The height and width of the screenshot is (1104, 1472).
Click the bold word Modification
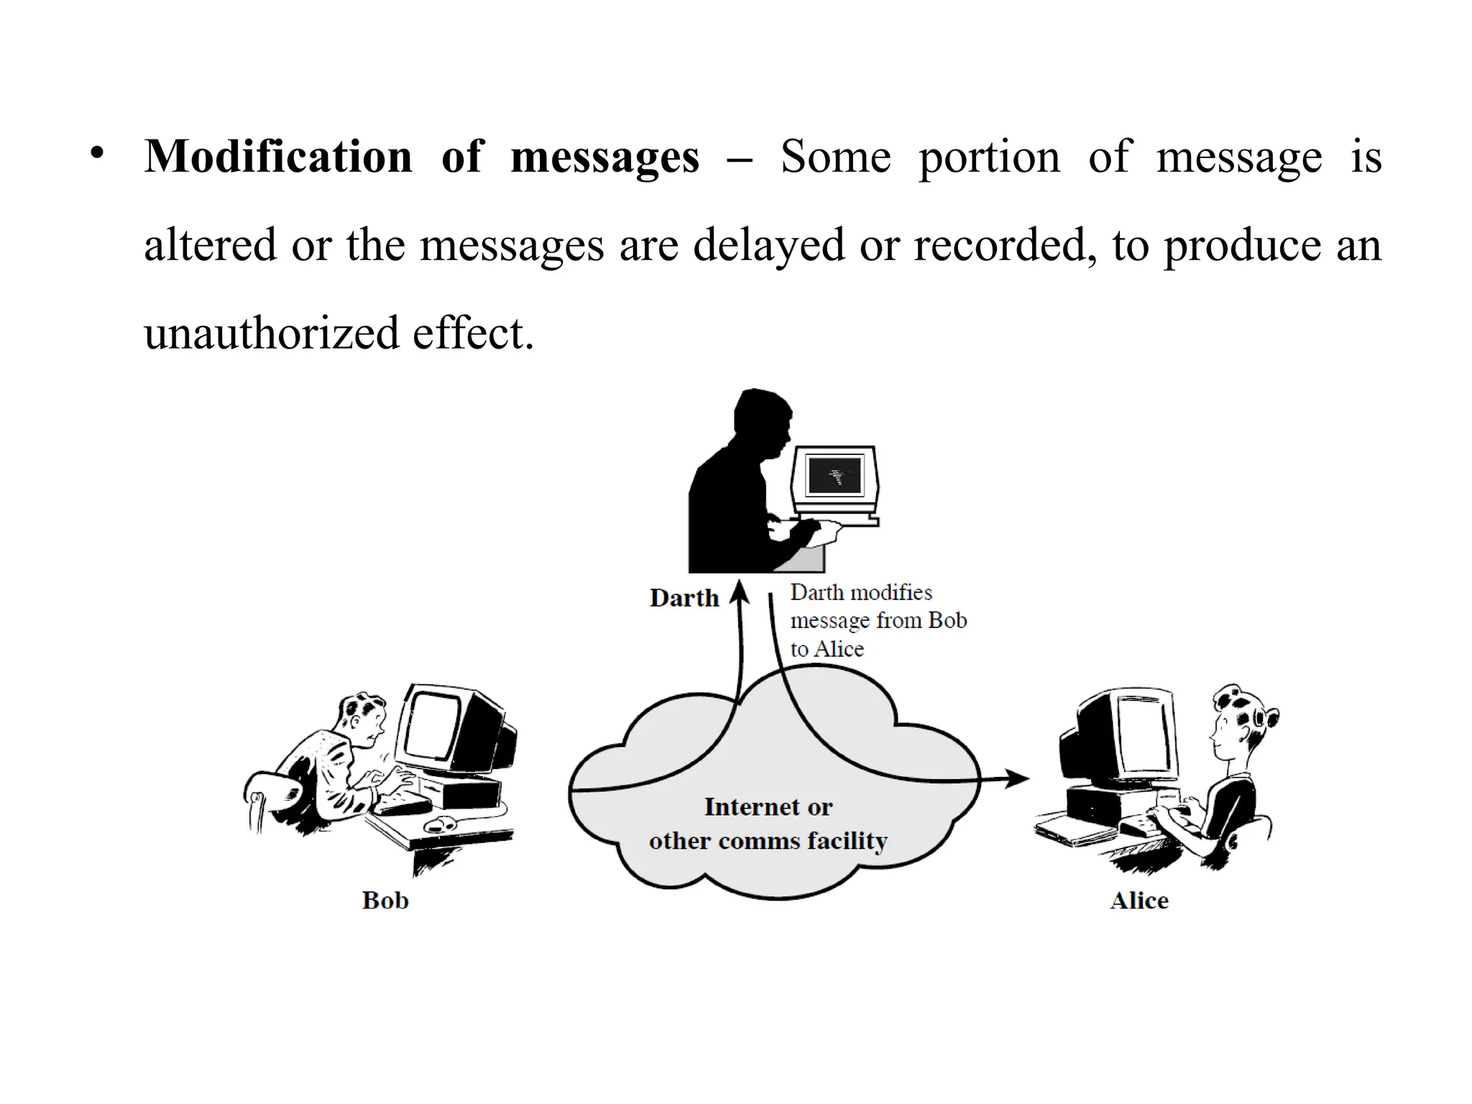pyautogui.click(x=278, y=157)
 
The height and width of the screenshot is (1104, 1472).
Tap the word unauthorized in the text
pyautogui.click(x=271, y=333)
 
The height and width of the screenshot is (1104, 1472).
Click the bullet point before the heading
pyautogui.click(x=98, y=154)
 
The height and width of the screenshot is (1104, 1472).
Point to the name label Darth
pyautogui.click(x=684, y=598)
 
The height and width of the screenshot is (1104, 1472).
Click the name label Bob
pyautogui.click(x=385, y=900)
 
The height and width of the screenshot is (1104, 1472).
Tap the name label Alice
pyautogui.click(x=1139, y=900)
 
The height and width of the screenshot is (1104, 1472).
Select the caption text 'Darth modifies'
pyautogui.click(x=861, y=592)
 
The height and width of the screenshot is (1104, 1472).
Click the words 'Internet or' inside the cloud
pyautogui.click(x=768, y=806)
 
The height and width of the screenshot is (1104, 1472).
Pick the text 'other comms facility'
pyautogui.click(x=768, y=840)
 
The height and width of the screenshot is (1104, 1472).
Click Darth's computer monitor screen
pyautogui.click(x=834, y=475)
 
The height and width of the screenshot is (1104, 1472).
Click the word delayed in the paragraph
pyautogui.click(x=768, y=245)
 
